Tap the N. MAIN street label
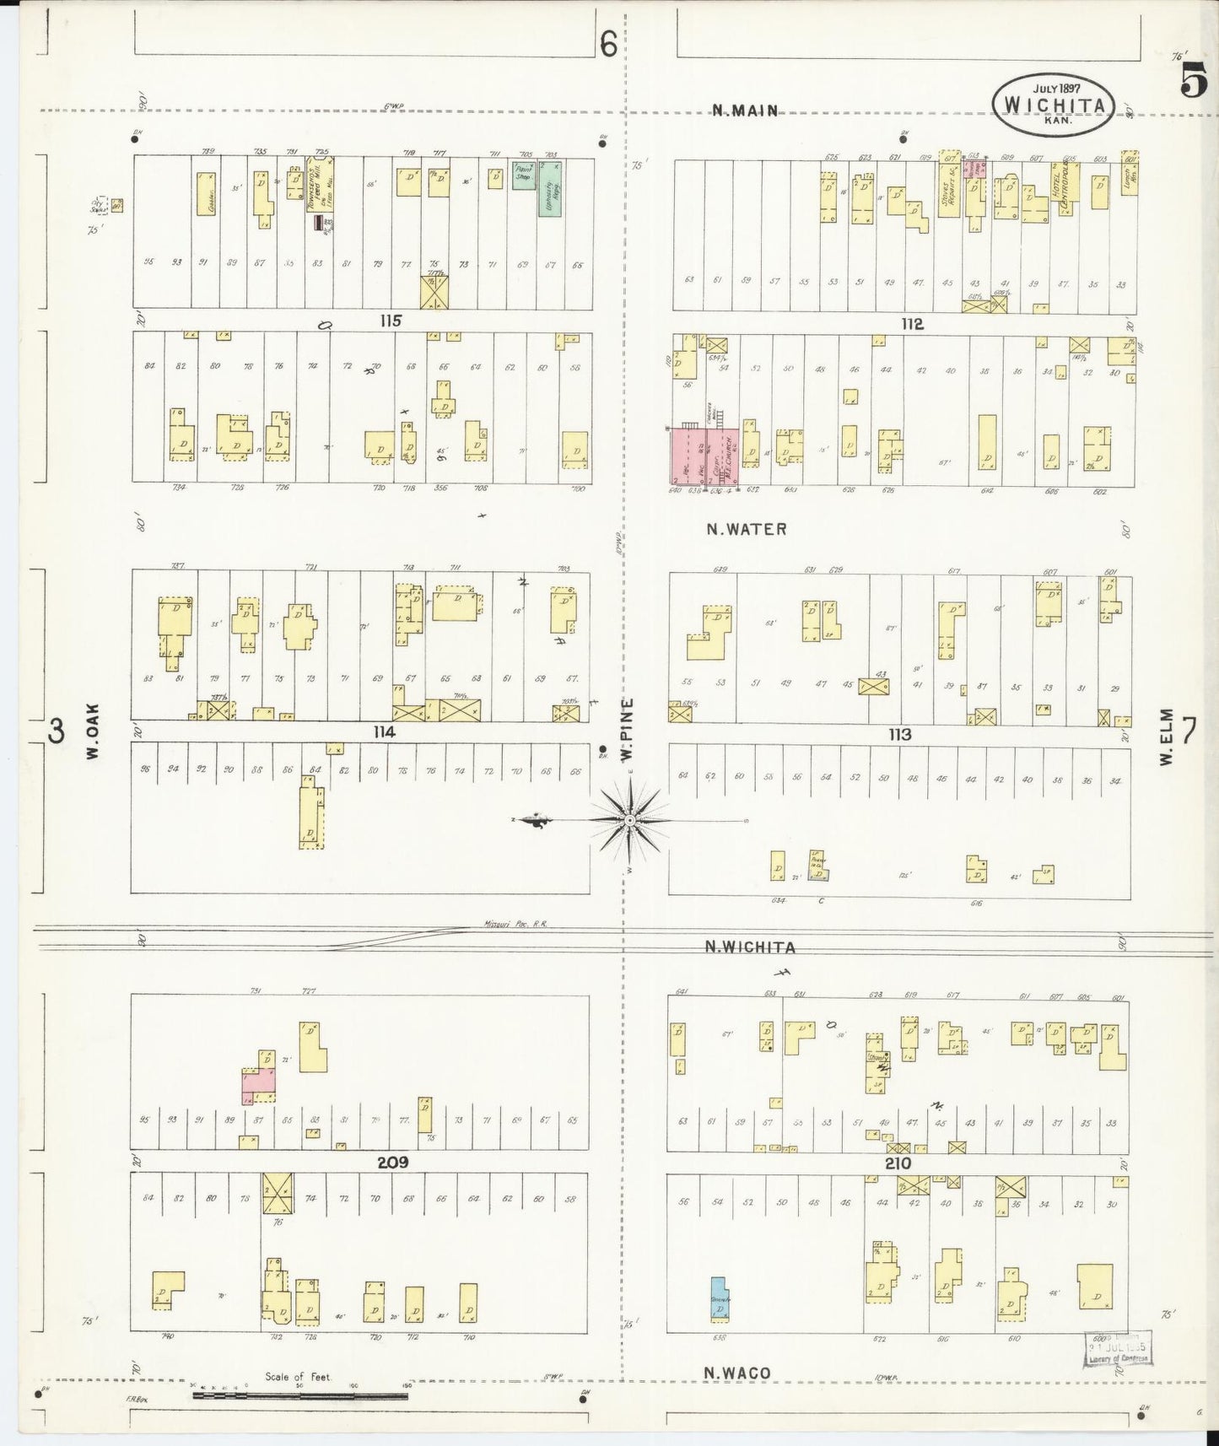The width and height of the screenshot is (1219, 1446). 744,110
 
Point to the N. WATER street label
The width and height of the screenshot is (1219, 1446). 747,529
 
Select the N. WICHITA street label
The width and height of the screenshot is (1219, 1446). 750,947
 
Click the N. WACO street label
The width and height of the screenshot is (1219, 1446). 738,1373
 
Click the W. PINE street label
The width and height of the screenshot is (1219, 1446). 628,730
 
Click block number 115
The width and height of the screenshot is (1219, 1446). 390,321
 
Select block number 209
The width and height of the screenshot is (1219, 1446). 392,1162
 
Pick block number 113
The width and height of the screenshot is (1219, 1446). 899,734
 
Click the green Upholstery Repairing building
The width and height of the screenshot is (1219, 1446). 550,189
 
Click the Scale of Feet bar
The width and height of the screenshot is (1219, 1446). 300,1395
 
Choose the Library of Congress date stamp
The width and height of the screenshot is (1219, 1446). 1117,1348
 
